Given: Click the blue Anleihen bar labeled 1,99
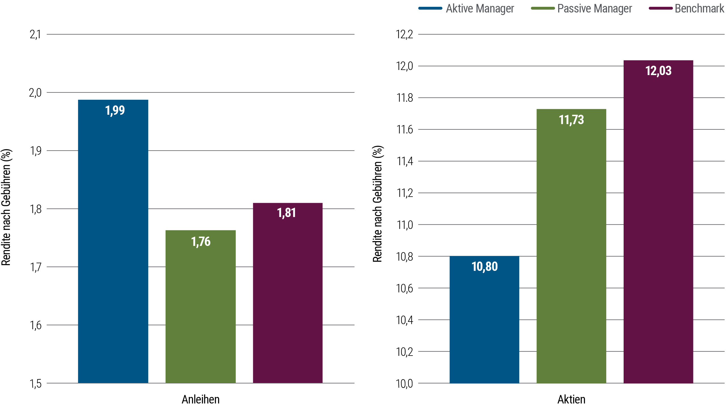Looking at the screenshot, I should click(x=113, y=241).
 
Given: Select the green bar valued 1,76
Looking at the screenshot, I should click(x=201, y=306).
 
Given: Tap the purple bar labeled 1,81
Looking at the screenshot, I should click(x=288, y=292).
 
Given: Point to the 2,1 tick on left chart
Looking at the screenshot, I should click(x=35, y=35).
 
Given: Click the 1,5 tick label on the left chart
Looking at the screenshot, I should click(x=35, y=384).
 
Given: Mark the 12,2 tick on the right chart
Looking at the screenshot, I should click(x=404, y=35).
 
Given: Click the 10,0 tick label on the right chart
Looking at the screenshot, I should click(x=404, y=384).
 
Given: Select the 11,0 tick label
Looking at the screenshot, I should click(x=404, y=225).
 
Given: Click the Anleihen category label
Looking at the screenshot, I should click(x=201, y=399).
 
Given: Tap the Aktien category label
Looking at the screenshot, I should click(x=571, y=399).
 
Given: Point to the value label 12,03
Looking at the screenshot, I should click(x=658, y=71).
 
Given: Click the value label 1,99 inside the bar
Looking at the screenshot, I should click(x=115, y=110).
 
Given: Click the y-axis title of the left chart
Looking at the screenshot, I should click(x=6, y=207).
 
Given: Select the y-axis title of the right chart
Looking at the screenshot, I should click(x=377, y=204).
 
